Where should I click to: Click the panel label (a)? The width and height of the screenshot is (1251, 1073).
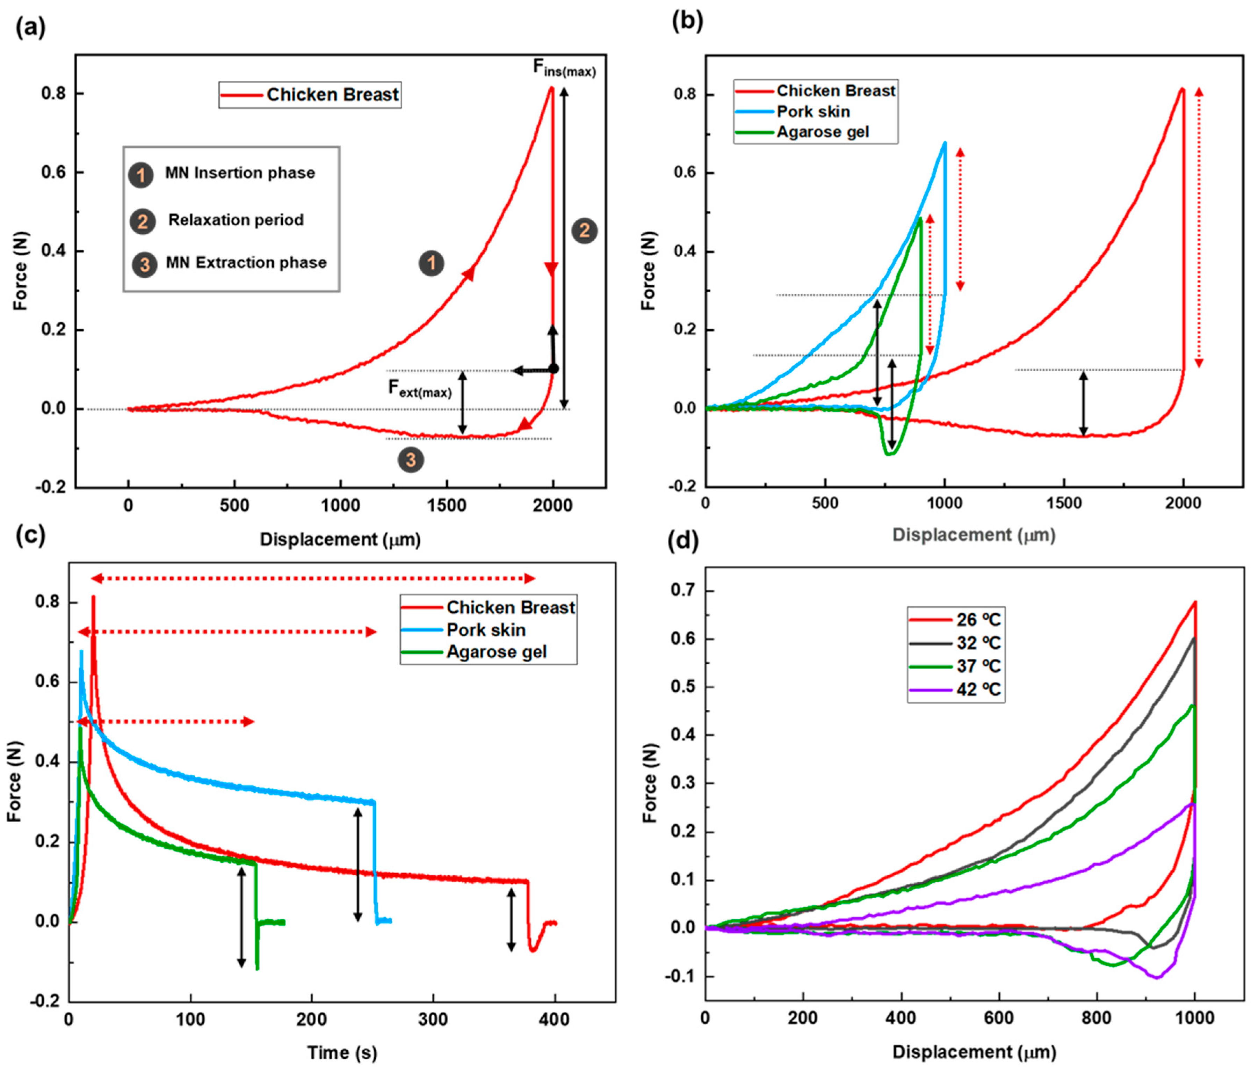[x=30, y=27]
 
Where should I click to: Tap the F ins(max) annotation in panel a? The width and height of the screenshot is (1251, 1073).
[x=563, y=68]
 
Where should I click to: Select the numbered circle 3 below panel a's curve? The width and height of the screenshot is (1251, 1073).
[x=411, y=460]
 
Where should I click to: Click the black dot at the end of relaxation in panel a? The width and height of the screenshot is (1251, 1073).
[x=554, y=369]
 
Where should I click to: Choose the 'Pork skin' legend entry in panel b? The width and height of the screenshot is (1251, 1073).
[x=813, y=112]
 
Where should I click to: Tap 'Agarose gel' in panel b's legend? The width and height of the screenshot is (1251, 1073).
[x=822, y=132]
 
